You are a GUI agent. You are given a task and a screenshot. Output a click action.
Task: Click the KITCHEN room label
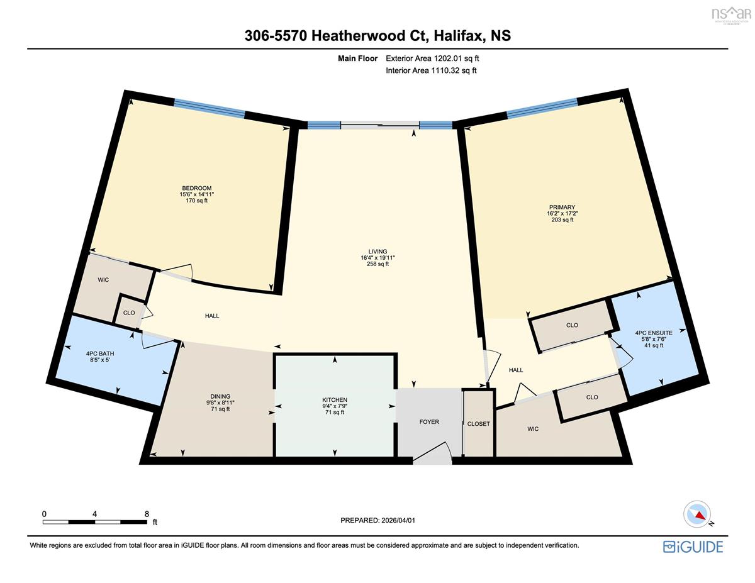[335, 399]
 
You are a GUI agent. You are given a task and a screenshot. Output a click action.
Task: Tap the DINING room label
[220, 396]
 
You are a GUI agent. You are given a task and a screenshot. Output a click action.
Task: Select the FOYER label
[429, 422]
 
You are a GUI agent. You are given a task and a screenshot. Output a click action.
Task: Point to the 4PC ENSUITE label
[654, 333]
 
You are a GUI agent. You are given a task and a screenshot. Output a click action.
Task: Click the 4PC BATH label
[100, 353]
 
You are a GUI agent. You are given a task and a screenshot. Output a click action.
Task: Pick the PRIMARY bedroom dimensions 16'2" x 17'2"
[562, 214]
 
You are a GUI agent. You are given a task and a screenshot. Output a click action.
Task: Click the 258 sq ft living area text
[377, 264]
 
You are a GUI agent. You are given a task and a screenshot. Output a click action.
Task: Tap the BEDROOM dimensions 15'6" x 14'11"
[197, 194]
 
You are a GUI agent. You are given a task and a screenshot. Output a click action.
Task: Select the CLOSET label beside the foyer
[478, 424]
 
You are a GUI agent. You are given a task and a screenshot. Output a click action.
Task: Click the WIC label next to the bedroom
[103, 280]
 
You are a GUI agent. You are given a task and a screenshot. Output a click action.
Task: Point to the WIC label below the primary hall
[533, 429]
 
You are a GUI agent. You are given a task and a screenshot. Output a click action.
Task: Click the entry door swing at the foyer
[433, 453]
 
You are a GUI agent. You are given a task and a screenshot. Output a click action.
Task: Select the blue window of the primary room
[542, 107]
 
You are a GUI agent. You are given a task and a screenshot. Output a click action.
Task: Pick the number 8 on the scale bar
[147, 514]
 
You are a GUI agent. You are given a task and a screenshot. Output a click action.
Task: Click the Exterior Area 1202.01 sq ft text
[432, 58]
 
